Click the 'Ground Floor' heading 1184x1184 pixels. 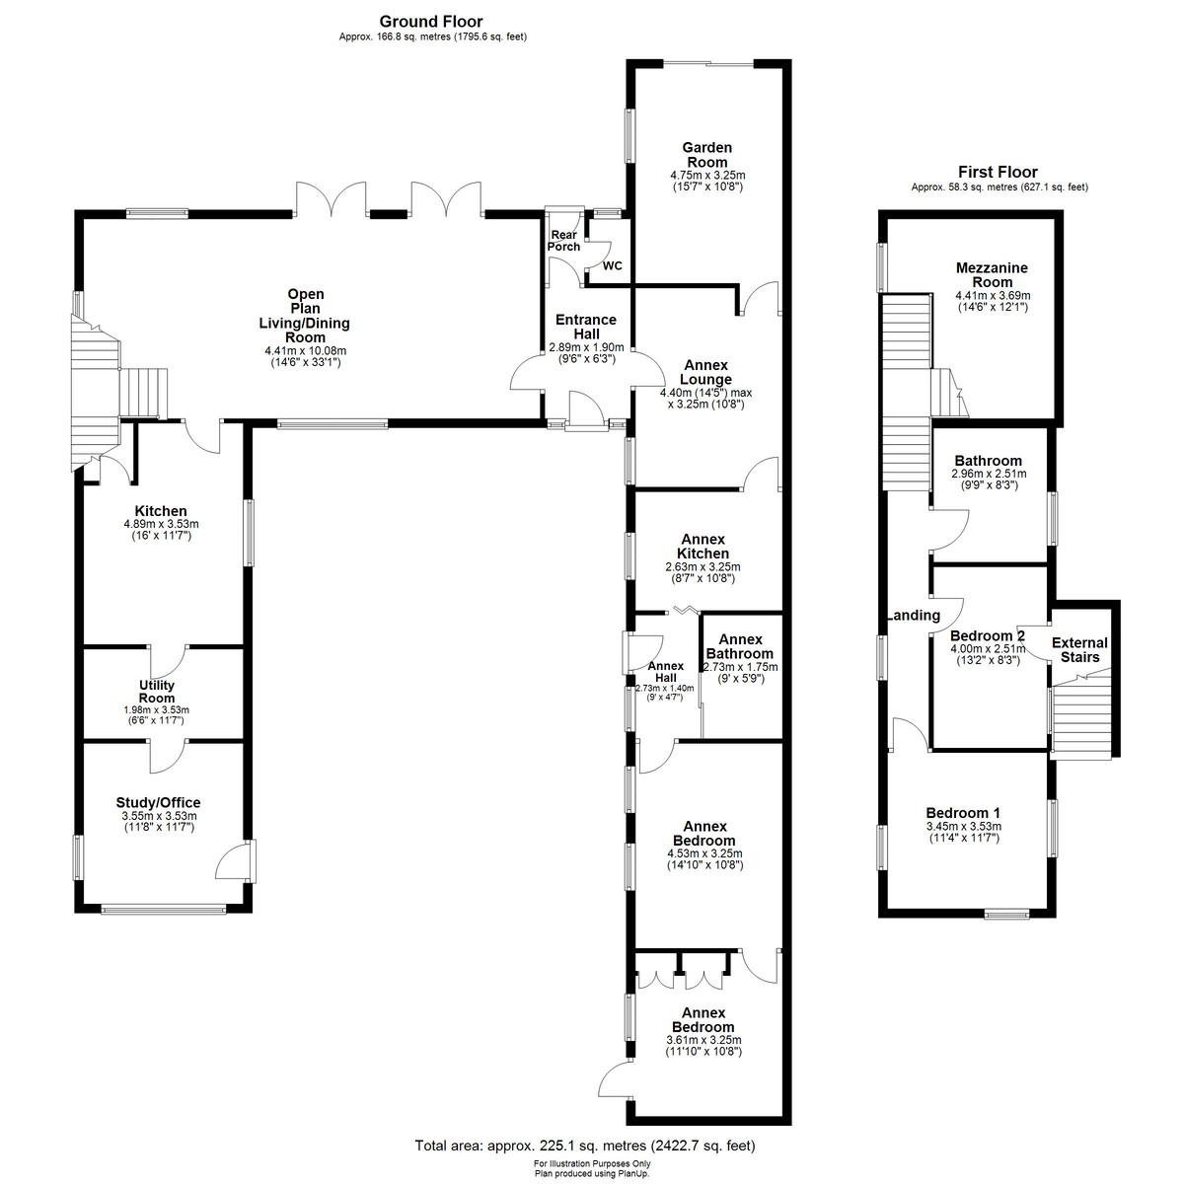431,22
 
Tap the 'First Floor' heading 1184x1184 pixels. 998,172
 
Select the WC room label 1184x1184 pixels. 612,266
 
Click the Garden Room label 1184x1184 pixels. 707,155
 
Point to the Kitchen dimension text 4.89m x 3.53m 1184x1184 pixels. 161,524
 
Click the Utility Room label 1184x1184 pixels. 157,692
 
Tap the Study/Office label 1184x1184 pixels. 159,802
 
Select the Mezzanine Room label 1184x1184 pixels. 992,275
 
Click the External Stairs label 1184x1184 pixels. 1079,650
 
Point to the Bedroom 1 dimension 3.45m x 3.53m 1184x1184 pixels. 963,827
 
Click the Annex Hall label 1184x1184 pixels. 665,672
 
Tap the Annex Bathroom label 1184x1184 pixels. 740,646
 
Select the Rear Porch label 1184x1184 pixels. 563,241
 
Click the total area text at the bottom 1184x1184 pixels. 585,1146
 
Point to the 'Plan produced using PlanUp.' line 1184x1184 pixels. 592,1173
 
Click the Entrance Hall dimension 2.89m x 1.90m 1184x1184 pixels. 586,347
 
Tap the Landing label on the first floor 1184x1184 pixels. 914,616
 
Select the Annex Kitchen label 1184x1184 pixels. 703,547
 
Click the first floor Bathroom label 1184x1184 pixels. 988,461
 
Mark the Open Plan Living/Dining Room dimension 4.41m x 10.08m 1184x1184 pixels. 305,351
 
